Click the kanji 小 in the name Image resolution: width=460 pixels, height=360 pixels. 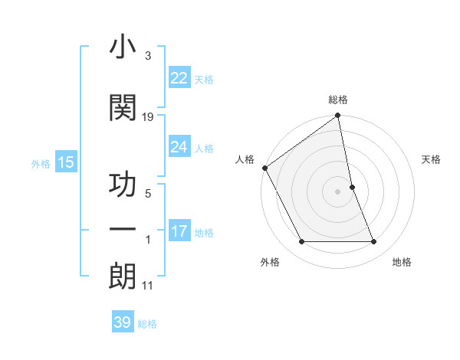123,47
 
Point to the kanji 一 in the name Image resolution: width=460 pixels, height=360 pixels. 123,229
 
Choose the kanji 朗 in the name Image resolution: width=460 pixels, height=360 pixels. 123,275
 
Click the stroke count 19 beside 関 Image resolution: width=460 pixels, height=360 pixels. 148,117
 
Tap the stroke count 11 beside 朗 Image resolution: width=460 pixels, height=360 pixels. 148,286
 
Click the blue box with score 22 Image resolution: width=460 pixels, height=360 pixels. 179,78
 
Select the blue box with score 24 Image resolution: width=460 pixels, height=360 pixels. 179,147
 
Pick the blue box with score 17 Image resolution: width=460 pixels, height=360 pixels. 179,232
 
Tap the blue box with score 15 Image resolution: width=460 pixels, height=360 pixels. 66,162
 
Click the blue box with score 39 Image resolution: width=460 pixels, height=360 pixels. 123,322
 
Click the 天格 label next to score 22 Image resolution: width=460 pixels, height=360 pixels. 204,80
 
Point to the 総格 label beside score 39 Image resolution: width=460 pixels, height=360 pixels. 147,324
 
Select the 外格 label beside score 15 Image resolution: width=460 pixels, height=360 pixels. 40,163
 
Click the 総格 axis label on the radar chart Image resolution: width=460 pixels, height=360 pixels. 338,100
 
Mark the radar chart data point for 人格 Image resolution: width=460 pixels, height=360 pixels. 264,168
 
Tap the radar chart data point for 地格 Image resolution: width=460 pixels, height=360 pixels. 374,242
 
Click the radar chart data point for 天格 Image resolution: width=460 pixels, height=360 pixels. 352,187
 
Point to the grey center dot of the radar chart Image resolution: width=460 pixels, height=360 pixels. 338,191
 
